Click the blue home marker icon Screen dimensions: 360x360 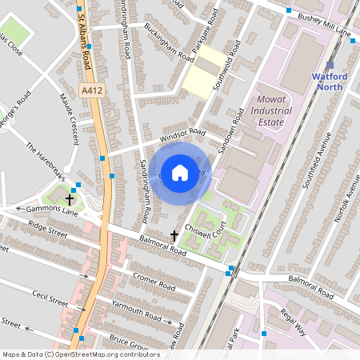(x=180, y=172)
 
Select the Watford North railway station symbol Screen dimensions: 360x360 (x=330, y=64)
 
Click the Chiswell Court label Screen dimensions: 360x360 (x=226, y=235)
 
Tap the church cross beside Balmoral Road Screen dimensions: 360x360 (x=174, y=235)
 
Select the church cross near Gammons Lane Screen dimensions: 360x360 (x=70, y=199)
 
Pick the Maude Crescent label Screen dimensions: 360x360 (x=69, y=118)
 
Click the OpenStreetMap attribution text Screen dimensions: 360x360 (x=80, y=354)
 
